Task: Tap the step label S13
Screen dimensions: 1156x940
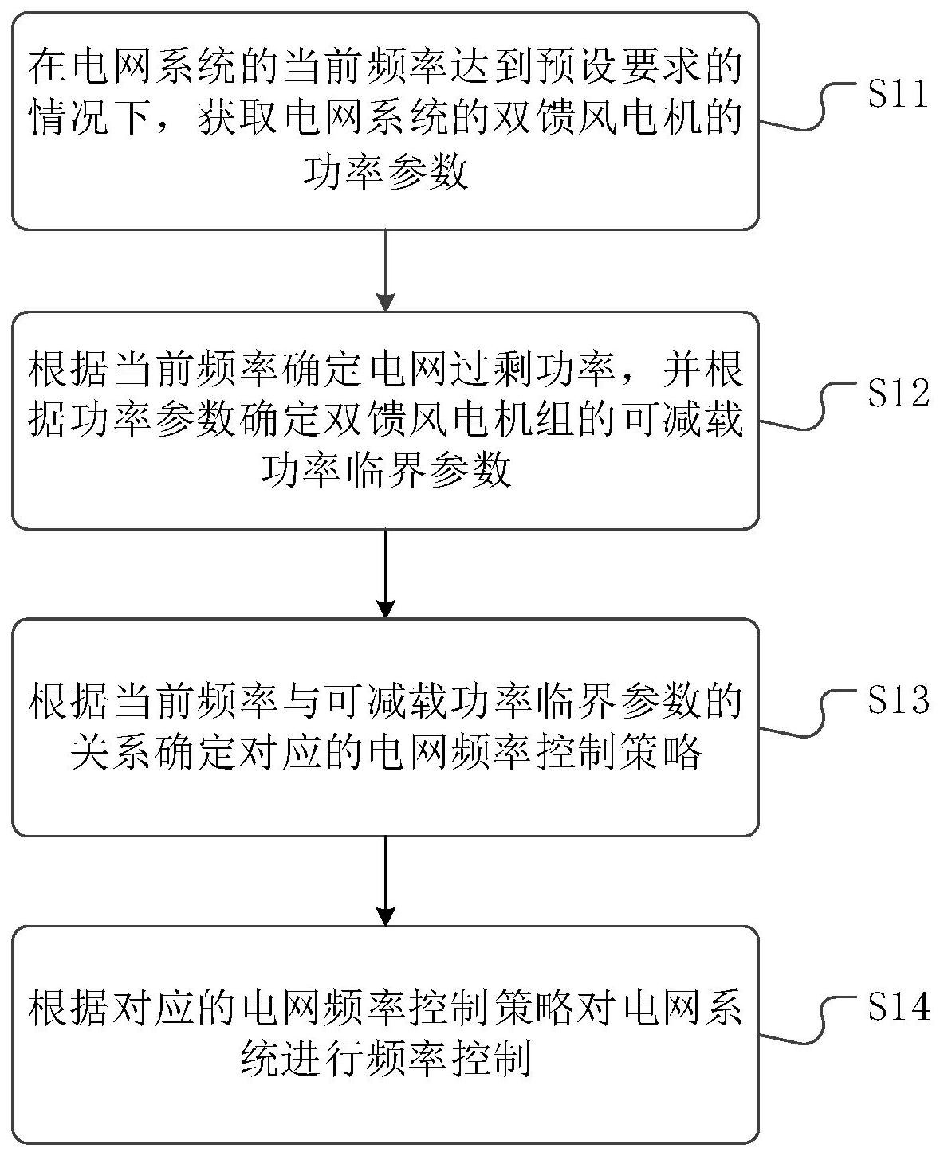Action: click(899, 700)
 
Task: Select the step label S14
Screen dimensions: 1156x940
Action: click(899, 1007)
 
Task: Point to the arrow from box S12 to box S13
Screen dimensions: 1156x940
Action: click(386, 574)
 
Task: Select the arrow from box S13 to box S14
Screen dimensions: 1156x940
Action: click(386, 880)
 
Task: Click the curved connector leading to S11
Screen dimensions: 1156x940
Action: click(805, 112)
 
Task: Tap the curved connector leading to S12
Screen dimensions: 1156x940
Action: click(805, 411)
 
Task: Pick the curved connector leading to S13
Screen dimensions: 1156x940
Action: click(805, 717)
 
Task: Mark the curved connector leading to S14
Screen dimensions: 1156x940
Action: click(805, 1025)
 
